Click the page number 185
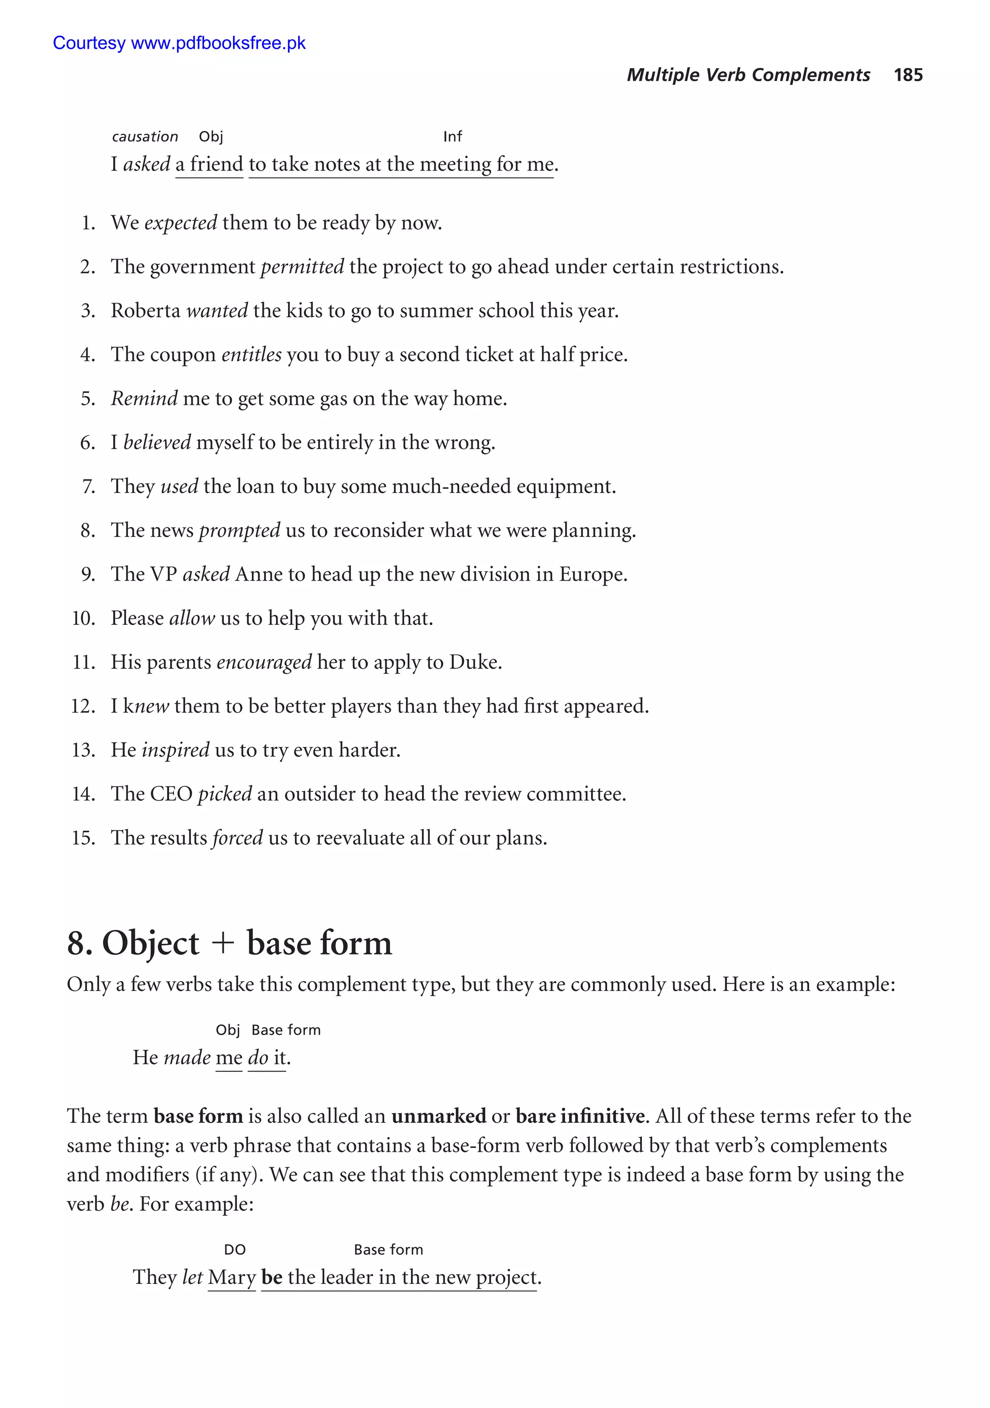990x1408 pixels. (x=908, y=75)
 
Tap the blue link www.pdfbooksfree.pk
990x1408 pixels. (x=218, y=43)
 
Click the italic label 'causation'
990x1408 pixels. (x=145, y=137)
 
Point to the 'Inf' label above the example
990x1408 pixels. (x=452, y=137)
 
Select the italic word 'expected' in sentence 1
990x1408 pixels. (x=180, y=223)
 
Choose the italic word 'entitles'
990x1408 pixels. (x=251, y=354)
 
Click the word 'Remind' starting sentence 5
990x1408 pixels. (x=144, y=399)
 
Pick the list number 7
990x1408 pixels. (x=89, y=486)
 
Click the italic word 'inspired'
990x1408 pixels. (x=175, y=750)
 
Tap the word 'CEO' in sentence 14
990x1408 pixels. (x=171, y=794)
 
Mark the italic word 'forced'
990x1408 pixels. (x=237, y=838)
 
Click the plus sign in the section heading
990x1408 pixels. (x=223, y=943)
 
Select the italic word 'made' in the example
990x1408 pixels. (x=187, y=1058)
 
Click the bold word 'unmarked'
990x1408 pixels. (x=438, y=1116)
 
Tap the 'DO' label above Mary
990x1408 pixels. (x=234, y=1250)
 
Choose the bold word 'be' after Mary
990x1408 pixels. (x=272, y=1277)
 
